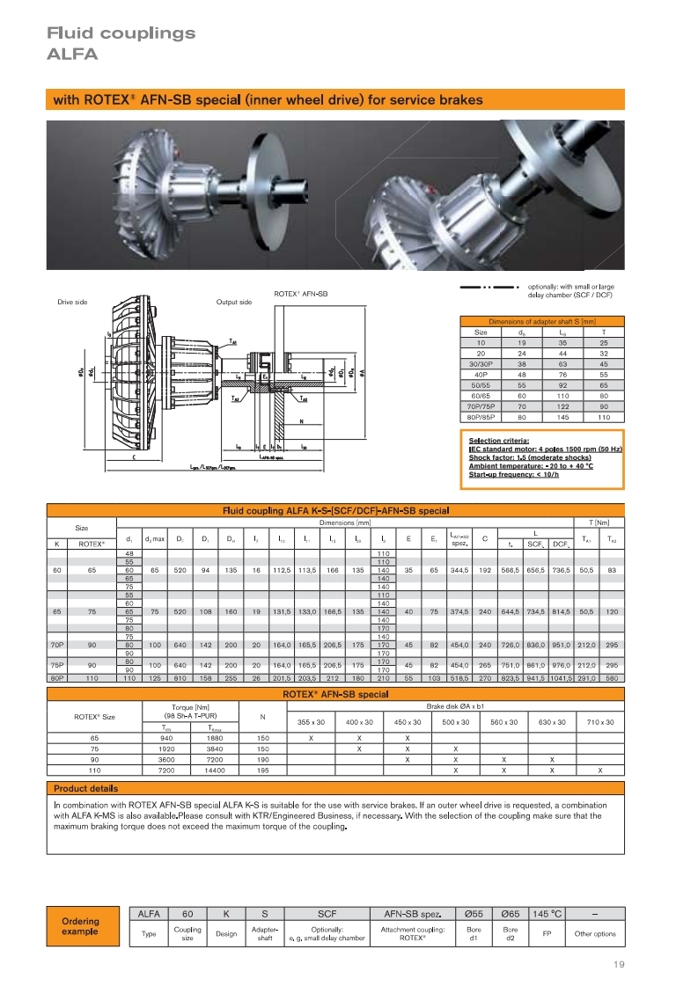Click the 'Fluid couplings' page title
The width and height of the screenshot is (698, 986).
[121, 33]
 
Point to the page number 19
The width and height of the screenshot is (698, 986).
[618, 964]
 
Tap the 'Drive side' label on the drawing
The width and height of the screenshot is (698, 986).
[72, 302]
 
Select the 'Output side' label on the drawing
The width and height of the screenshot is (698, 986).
[234, 302]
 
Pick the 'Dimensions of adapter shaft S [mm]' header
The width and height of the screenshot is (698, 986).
[542, 322]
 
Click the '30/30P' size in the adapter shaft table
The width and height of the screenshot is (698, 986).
[481, 363]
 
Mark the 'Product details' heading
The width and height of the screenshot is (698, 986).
[85, 788]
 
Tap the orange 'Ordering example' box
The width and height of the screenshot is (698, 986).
[80, 926]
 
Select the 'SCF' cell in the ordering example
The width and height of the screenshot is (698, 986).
[327, 914]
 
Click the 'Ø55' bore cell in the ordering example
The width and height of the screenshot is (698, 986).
[473, 914]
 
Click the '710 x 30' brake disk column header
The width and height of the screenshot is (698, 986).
[600, 721]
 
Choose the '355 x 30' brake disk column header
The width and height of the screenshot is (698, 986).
[311, 721]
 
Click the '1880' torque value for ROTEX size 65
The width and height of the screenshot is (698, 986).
[214, 737]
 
